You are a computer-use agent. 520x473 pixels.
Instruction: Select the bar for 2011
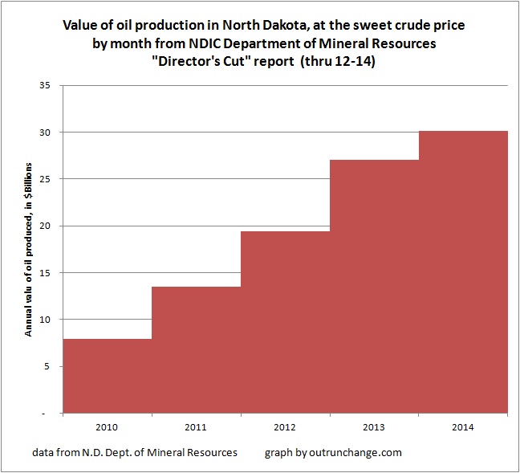click(197, 350)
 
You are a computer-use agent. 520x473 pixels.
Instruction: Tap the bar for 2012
click(286, 322)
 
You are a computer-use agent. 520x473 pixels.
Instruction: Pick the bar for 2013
click(375, 287)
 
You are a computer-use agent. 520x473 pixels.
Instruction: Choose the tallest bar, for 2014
click(464, 272)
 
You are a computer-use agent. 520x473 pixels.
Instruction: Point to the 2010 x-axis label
click(108, 426)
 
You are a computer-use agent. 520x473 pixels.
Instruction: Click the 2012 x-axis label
click(286, 426)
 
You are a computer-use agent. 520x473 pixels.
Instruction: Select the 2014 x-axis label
click(464, 426)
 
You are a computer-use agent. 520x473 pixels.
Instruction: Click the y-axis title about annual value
click(29, 250)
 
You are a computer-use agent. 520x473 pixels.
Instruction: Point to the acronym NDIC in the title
click(222, 42)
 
